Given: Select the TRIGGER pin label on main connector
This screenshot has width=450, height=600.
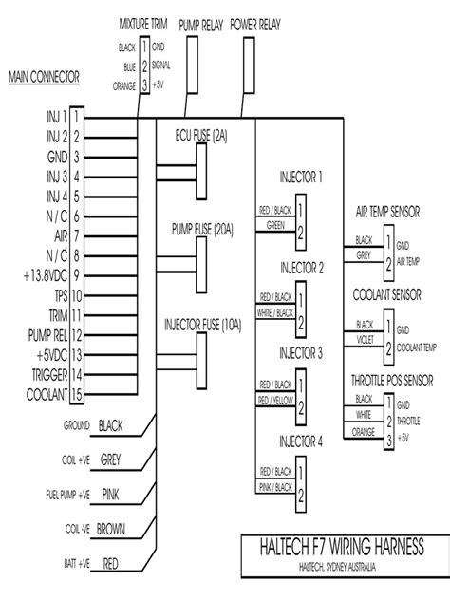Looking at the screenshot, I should (44, 374).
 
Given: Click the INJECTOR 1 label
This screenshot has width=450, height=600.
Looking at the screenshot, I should (301, 177).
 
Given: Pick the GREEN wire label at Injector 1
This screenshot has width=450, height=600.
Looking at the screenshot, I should (275, 226).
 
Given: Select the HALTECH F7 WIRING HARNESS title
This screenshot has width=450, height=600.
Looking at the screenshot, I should (341, 547).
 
